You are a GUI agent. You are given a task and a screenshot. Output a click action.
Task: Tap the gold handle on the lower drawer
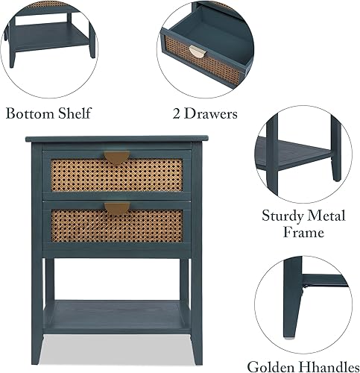tap(116, 207)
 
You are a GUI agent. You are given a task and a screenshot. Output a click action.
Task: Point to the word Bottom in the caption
tap(31, 114)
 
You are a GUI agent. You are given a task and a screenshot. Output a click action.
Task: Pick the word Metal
tap(329, 216)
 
